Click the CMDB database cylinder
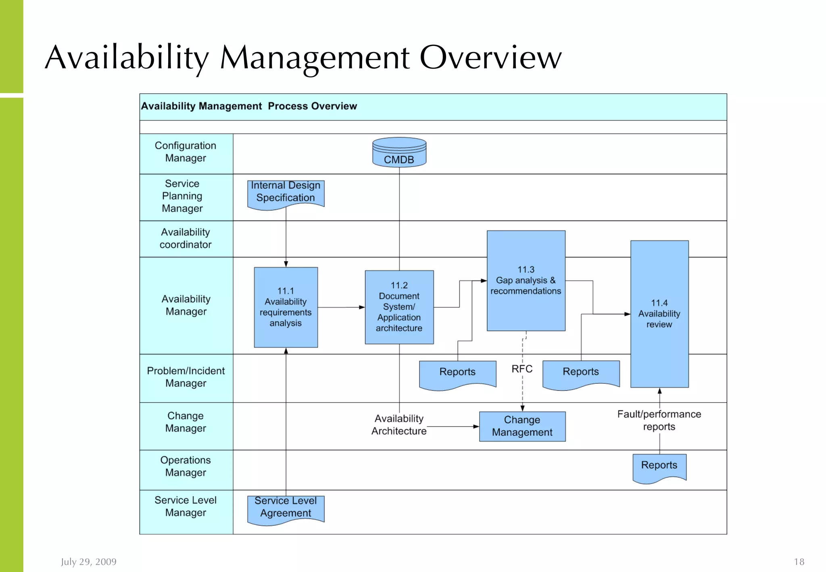tap(399, 152)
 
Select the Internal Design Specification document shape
tap(286, 194)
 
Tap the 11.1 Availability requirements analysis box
tap(286, 307)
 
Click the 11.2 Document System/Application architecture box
tap(399, 307)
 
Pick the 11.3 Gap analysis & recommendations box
tap(526, 281)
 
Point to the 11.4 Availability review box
tap(659, 314)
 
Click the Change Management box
tap(522, 426)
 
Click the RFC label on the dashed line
tap(522, 369)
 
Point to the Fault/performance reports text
tap(659, 420)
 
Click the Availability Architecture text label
tap(399, 425)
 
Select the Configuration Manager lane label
tap(186, 152)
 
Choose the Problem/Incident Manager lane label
tap(186, 377)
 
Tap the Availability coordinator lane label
tap(186, 238)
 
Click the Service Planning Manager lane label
tap(182, 196)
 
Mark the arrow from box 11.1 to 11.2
tap(341, 307)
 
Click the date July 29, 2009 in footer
tap(89, 562)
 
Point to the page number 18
tap(799, 562)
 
